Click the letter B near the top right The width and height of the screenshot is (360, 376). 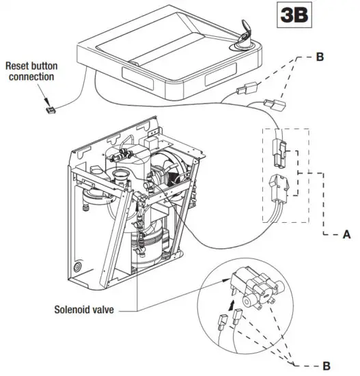click(x=318, y=57)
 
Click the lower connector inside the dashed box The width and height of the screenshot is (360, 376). click(x=280, y=187)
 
